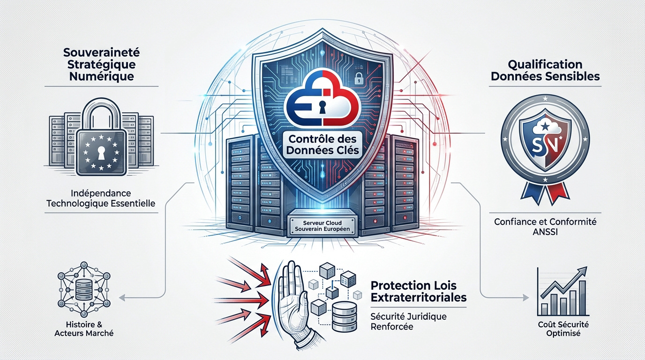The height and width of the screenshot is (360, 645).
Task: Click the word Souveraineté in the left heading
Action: pyautogui.click(x=101, y=52)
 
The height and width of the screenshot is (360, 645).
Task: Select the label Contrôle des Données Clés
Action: pyautogui.click(x=322, y=144)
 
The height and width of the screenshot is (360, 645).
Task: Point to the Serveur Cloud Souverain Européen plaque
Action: pyautogui.click(x=322, y=226)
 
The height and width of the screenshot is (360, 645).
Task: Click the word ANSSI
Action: pyautogui.click(x=545, y=232)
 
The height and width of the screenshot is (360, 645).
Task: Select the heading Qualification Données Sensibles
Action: pyautogui.click(x=545, y=70)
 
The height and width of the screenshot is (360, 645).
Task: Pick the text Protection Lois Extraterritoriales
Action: pyautogui.click(x=419, y=291)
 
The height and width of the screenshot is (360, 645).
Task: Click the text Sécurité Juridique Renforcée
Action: pyautogui.click(x=408, y=322)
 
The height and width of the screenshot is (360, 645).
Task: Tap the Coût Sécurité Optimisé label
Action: pyautogui.click(x=563, y=329)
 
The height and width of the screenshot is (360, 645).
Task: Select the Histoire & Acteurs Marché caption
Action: pyautogui.click(x=84, y=329)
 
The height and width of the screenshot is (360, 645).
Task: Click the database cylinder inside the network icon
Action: pyautogui.click(x=84, y=289)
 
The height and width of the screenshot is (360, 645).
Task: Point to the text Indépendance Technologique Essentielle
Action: pyautogui.click(x=101, y=198)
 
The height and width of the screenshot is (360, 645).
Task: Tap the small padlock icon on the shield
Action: pyautogui.click(x=359, y=78)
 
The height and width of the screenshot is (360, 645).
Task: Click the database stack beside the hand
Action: pyautogui.click(x=344, y=316)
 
